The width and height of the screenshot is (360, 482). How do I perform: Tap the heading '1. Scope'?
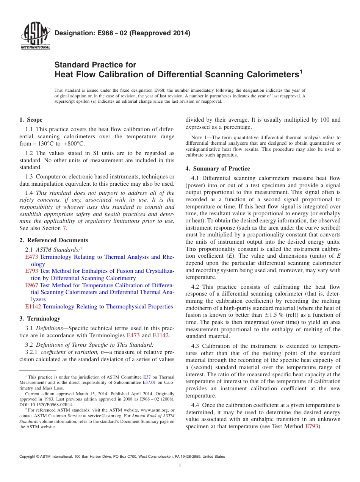click(x=31, y=120)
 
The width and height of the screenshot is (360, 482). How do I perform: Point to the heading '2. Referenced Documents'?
click(x=53, y=240)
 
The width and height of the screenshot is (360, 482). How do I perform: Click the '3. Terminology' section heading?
click(x=40, y=319)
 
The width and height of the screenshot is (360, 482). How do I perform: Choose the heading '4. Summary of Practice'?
click(x=218, y=169)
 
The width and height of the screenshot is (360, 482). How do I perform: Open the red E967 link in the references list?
click(x=32, y=285)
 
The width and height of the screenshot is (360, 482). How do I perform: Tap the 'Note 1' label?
click(x=199, y=138)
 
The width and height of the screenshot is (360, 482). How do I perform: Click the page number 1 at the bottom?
click(x=180, y=466)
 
